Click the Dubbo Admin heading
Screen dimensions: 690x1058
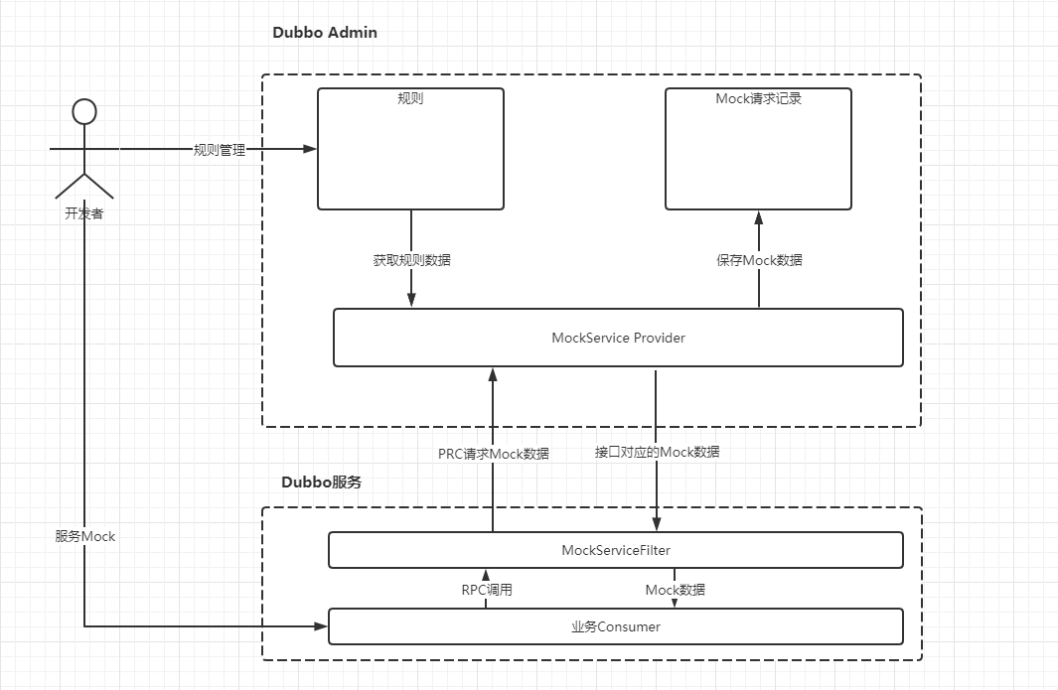(325, 33)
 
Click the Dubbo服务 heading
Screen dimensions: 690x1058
(321, 483)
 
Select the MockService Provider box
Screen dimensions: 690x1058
(618, 338)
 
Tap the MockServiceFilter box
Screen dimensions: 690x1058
(615, 550)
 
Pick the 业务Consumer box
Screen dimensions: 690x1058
(615, 626)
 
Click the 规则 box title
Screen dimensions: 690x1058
(410, 99)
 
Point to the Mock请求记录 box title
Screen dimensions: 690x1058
(758, 99)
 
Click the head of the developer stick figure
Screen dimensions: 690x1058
(84, 110)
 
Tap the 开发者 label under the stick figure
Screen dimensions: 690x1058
(83, 212)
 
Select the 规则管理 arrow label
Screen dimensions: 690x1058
(219, 150)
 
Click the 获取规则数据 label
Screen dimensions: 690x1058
(411, 260)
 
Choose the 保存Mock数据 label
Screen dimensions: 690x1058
(759, 260)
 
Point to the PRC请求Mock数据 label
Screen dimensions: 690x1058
(493, 454)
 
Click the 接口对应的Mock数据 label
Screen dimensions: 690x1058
(657, 452)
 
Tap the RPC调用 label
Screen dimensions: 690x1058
(487, 590)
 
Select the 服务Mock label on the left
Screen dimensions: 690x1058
(85, 536)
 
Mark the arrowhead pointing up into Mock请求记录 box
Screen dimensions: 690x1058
(759, 217)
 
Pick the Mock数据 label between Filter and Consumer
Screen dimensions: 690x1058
(676, 590)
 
